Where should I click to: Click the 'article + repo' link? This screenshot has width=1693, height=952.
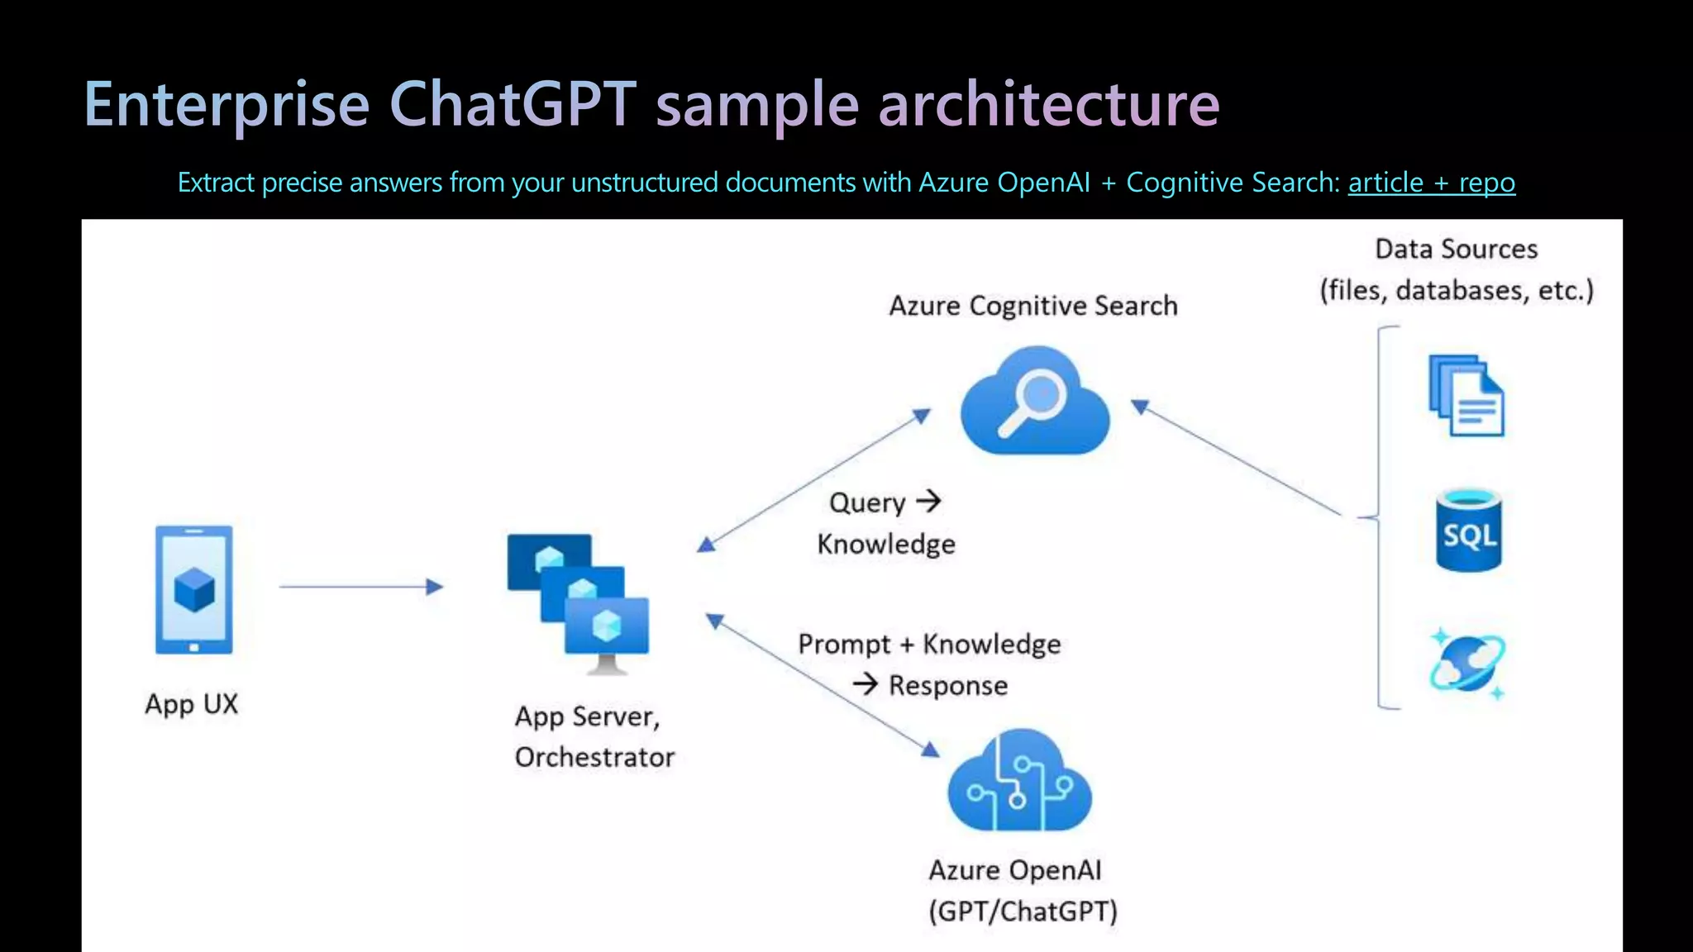[x=1431, y=183]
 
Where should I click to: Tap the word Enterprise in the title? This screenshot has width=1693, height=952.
[x=227, y=105]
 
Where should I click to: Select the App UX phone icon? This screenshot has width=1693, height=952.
[x=194, y=590]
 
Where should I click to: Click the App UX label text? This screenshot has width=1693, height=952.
[x=192, y=704]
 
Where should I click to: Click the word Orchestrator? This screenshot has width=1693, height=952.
[x=594, y=758]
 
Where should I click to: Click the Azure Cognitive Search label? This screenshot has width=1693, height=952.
[x=1033, y=307]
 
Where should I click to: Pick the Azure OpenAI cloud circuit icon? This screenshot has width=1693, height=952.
[x=1019, y=782]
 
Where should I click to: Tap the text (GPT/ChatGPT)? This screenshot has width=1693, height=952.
[x=1023, y=912]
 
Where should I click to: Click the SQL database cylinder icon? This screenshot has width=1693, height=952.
[x=1468, y=531]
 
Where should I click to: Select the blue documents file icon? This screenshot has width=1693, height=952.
[x=1466, y=396]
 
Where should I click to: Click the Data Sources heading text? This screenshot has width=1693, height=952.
[x=1456, y=250]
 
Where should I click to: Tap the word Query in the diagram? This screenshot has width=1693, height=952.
[x=867, y=503]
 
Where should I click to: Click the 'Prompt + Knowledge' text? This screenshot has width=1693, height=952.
[x=929, y=645]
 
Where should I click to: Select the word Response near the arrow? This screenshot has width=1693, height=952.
[x=948, y=686]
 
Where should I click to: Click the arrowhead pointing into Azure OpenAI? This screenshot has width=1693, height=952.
[x=931, y=750]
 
